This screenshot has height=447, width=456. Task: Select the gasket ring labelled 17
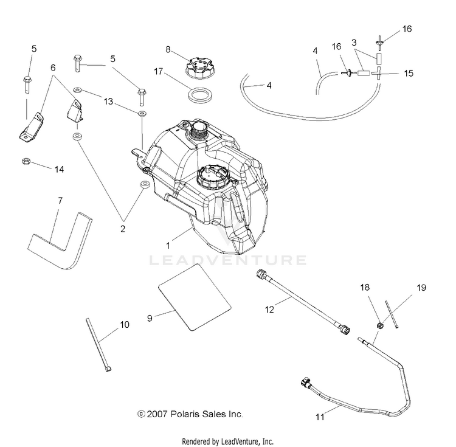tap(201, 96)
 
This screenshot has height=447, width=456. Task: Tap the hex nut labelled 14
tap(26, 161)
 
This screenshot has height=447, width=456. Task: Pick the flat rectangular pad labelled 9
tap(195, 297)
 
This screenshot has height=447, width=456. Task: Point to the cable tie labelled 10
tap(98, 345)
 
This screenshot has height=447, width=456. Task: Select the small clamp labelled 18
tap(379, 326)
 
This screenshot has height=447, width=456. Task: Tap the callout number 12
tap(269, 310)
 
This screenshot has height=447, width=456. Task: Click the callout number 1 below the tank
tap(168, 246)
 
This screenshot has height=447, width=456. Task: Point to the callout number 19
tap(421, 288)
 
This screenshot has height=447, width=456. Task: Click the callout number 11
tap(320, 417)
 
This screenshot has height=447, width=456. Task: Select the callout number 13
tap(108, 102)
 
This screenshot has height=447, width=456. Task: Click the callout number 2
tap(123, 229)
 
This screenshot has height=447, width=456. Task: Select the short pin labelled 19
tap(392, 314)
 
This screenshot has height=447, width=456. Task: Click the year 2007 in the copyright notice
tap(157, 414)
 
